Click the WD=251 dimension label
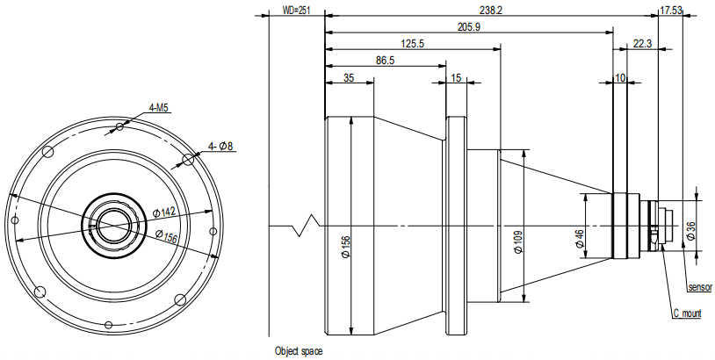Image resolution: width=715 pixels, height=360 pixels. [296, 10]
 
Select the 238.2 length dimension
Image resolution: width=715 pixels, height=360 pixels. [491, 10]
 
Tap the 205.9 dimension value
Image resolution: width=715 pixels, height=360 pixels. [469, 27]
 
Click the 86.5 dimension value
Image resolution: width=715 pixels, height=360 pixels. [386, 61]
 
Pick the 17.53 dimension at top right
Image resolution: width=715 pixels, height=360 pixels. [671, 10]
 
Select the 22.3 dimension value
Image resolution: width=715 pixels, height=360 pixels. [642, 44]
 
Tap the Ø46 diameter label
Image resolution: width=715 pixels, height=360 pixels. [580, 238]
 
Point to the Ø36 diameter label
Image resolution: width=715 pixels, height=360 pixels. [690, 230]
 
